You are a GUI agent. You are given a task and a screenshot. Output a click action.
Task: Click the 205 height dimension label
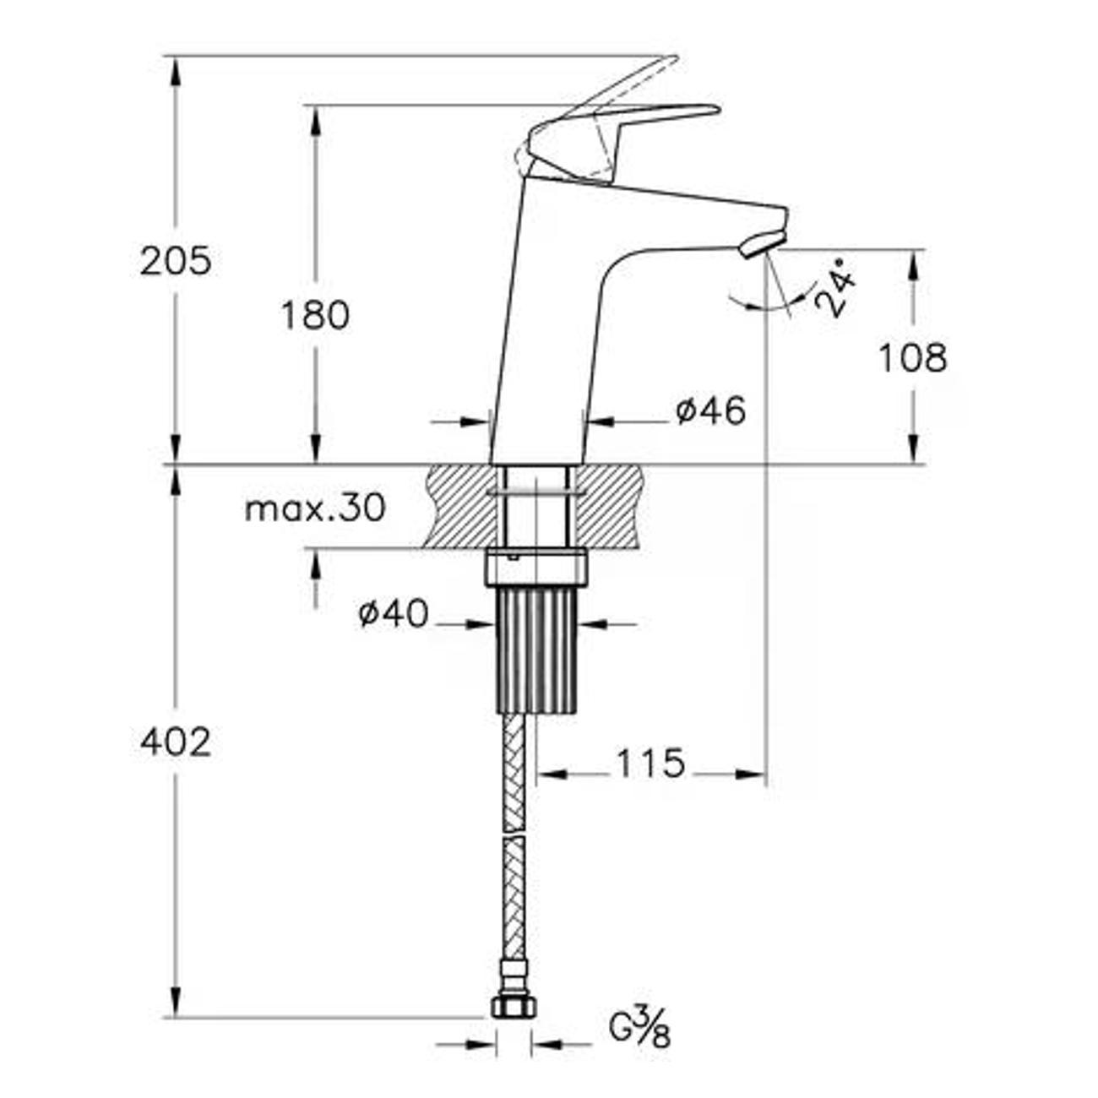coord(176,262)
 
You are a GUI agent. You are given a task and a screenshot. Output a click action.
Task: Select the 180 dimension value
coord(315,316)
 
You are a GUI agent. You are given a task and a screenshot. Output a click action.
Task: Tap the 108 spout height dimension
coord(913,358)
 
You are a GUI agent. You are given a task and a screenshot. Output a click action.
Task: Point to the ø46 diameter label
coord(710,410)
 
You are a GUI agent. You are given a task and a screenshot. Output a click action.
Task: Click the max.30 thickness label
coord(315,508)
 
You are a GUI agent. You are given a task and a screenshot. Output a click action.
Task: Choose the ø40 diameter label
coord(393,614)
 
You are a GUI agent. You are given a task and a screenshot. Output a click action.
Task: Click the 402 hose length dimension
coord(176,743)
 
